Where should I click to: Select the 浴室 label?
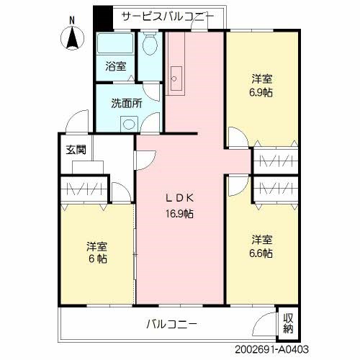click(115, 68)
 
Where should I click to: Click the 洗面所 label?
click(125, 102)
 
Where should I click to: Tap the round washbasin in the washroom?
click(129, 123)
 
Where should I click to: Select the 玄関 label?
click(76, 150)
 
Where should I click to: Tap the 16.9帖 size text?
click(181, 213)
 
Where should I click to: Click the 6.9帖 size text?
click(262, 92)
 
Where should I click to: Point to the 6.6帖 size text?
click(262, 253)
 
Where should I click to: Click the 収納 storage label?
click(288, 323)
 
